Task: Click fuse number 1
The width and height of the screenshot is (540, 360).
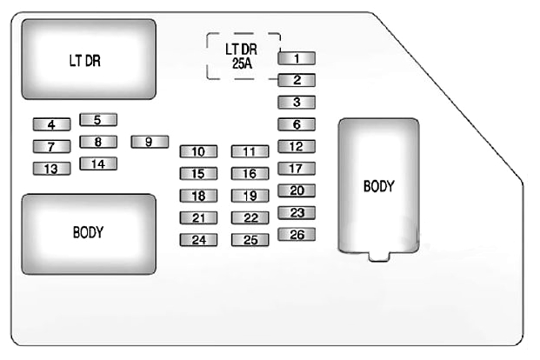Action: pos(297,59)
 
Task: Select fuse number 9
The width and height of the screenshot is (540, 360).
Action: pos(150,142)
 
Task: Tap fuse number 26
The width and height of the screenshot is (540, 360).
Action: pos(297,234)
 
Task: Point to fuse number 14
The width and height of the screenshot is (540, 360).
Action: pos(98,163)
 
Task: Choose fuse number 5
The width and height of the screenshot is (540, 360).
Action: pos(98,120)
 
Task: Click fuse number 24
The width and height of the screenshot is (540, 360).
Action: pos(198,240)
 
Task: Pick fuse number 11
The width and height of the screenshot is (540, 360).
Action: pos(250,151)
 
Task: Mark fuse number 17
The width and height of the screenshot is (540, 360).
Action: pos(297,169)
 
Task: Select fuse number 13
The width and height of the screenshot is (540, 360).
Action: pos(51,169)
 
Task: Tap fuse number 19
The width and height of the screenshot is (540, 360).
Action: pos(250,196)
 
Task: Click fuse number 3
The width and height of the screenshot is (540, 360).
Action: pos(297,103)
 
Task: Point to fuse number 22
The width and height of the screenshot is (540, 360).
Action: pos(250,218)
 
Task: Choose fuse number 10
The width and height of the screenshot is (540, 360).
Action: pos(198,151)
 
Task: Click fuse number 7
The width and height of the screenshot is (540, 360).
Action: pos(51,146)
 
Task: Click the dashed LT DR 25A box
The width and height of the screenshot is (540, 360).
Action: pos(243,57)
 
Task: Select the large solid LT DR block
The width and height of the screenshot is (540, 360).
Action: pos(88,61)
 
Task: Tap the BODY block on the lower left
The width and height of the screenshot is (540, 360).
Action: pos(88,233)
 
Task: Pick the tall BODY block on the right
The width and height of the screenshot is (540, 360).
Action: pos(378,185)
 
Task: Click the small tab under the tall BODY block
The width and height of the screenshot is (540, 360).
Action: pos(378,256)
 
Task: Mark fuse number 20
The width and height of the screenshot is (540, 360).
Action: pos(297,190)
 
